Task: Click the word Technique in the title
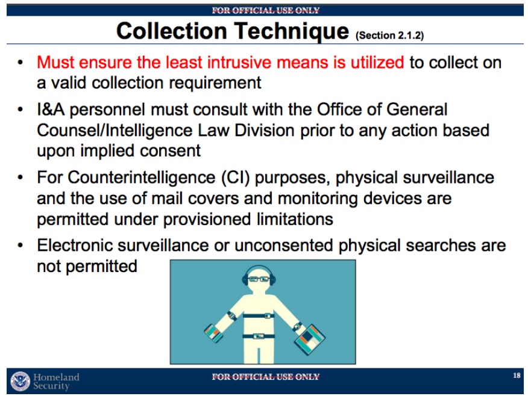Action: click(x=292, y=32)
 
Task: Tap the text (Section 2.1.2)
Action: click(x=389, y=36)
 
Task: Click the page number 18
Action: click(x=517, y=375)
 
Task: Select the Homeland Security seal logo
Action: click(x=20, y=381)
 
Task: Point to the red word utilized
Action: click(x=377, y=62)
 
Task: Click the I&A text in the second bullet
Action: click(x=51, y=110)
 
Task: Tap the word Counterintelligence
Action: click(x=142, y=178)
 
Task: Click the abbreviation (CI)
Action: click(x=236, y=178)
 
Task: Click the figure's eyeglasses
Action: click(x=259, y=279)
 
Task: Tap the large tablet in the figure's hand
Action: click(x=309, y=339)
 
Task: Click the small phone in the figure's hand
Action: click(x=213, y=333)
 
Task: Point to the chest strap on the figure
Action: click(x=259, y=315)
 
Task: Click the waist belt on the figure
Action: click(x=259, y=336)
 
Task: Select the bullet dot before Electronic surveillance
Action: click(x=20, y=246)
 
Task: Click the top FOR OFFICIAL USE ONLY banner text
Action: click(x=265, y=10)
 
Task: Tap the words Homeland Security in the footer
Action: click(x=56, y=381)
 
